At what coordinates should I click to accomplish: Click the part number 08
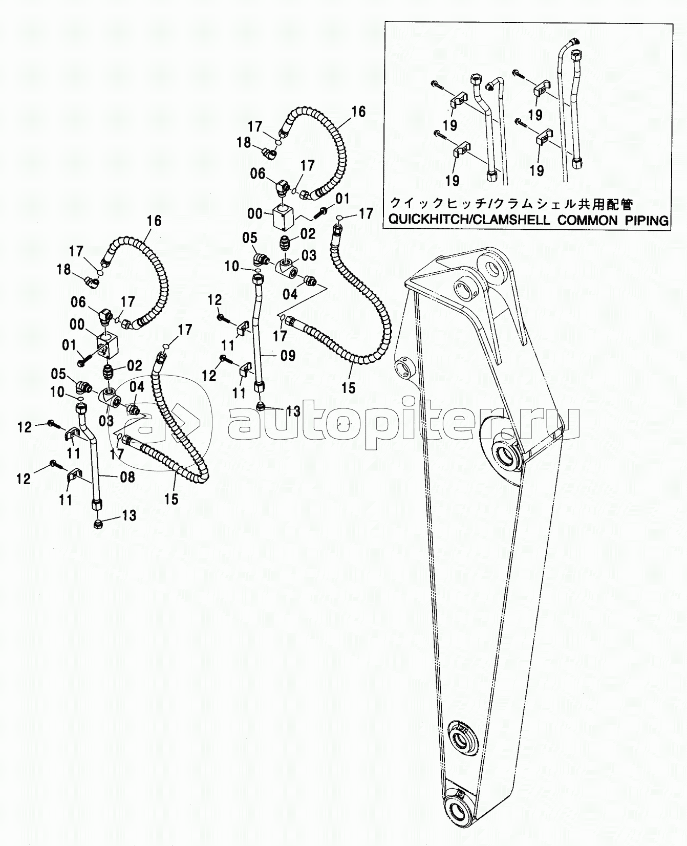tap(127, 477)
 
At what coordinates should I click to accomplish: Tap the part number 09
tap(288, 355)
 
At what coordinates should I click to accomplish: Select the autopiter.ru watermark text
tap(404, 424)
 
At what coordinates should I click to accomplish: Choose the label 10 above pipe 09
tap(232, 266)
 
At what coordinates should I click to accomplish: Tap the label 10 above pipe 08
tap(57, 393)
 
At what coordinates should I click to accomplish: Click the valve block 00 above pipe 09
tap(283, 217)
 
